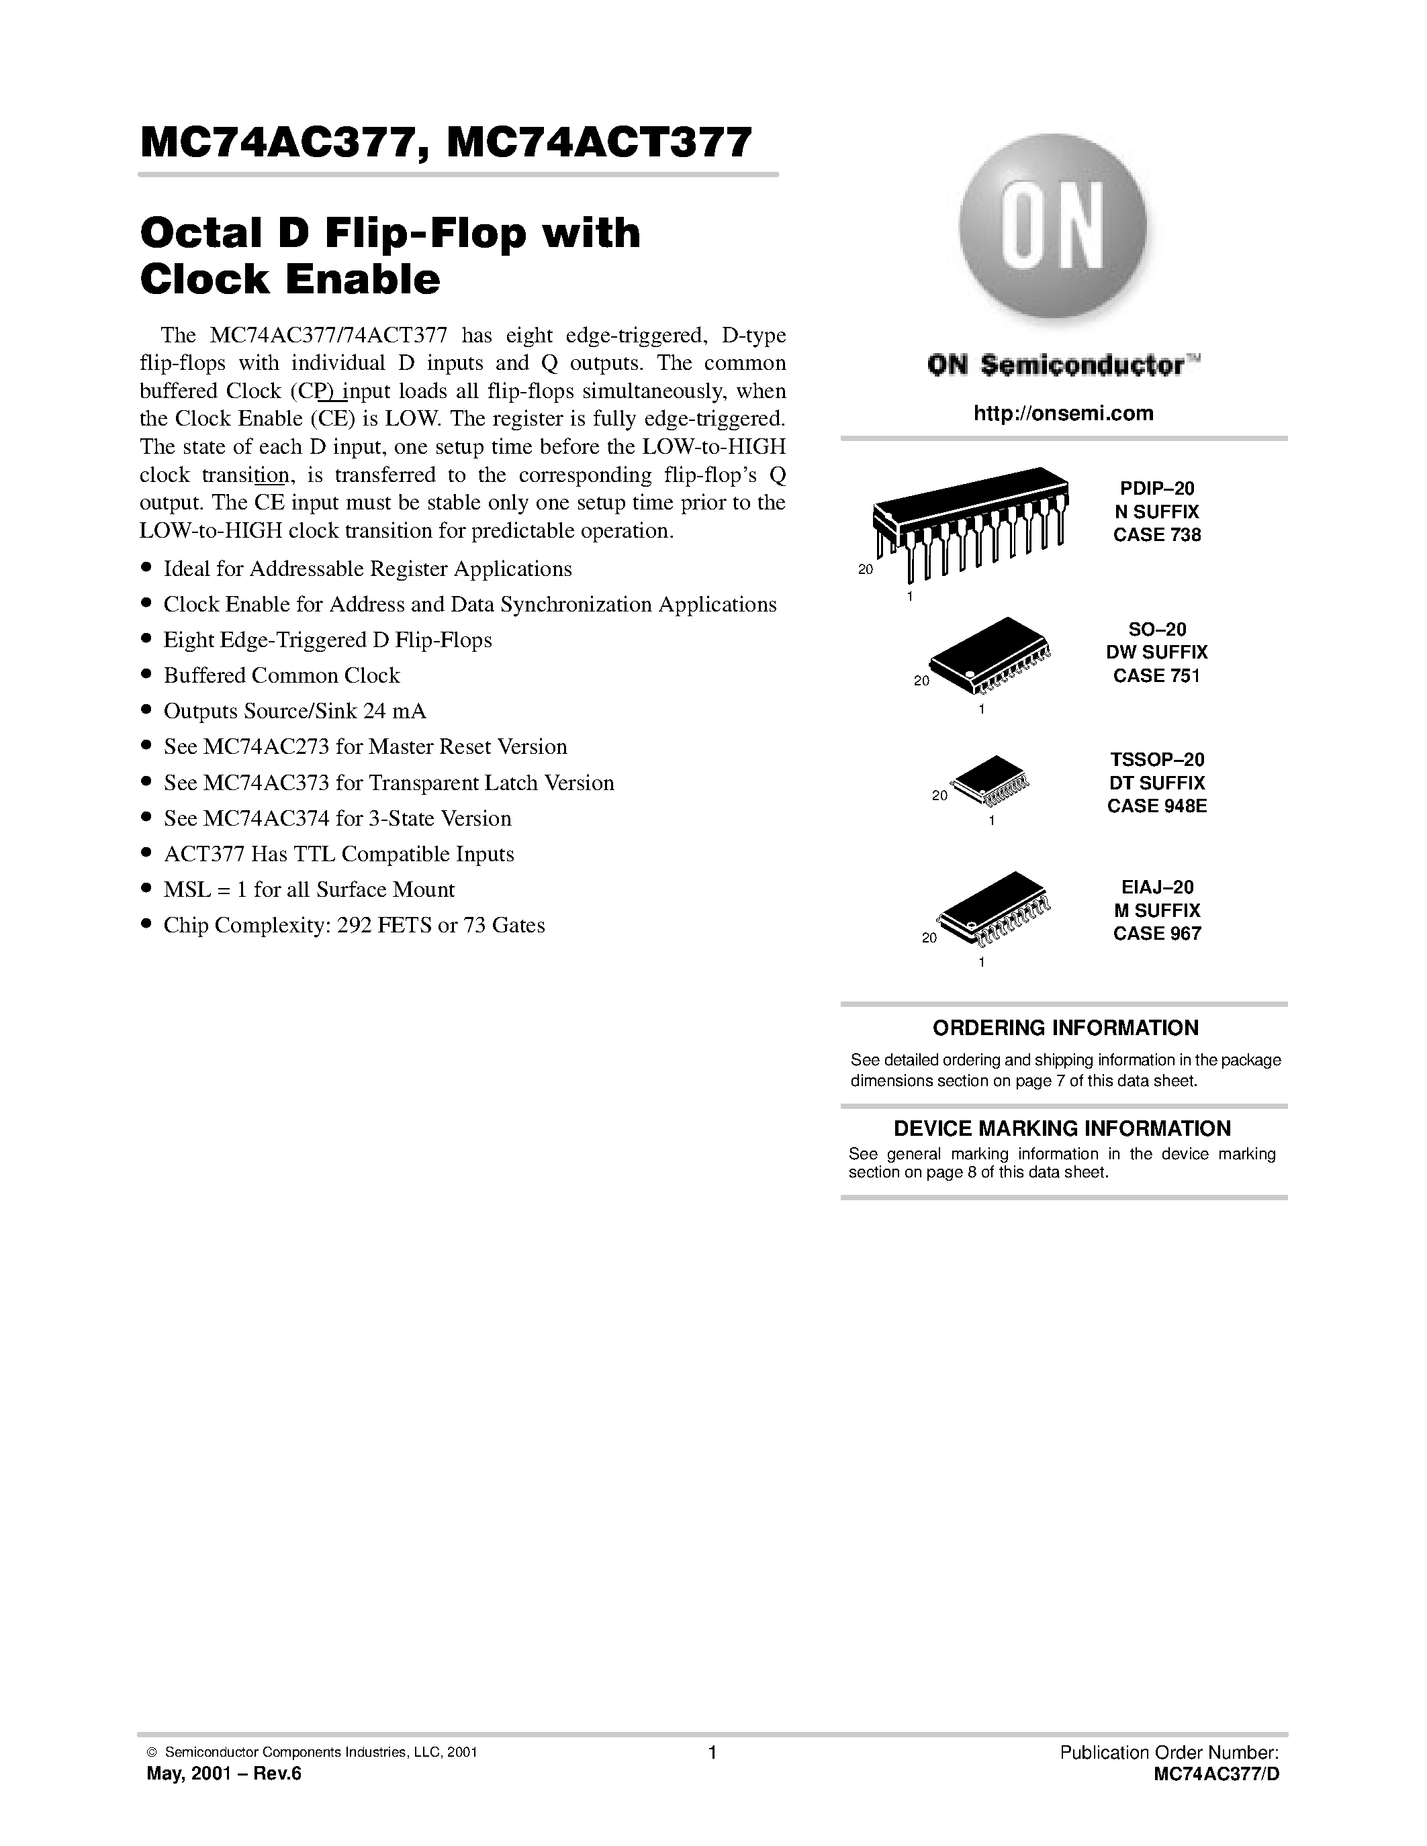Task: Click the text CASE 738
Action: click(x=1156, y=535)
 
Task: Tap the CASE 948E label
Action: click(x=1156, y=806)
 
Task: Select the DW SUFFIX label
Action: click(x=1156, y=652)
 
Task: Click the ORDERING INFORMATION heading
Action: click(x=1065, y=1028)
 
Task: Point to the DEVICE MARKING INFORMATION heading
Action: click(x=1062, y=1128)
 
